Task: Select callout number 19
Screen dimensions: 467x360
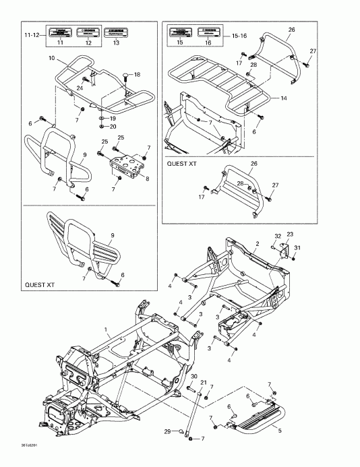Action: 113,118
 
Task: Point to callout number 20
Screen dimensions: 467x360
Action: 113,126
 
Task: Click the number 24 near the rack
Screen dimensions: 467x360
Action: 79,88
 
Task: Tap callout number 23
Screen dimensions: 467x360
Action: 290,235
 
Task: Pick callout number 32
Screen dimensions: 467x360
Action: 276,236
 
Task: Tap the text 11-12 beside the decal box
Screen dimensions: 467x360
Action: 32,34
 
